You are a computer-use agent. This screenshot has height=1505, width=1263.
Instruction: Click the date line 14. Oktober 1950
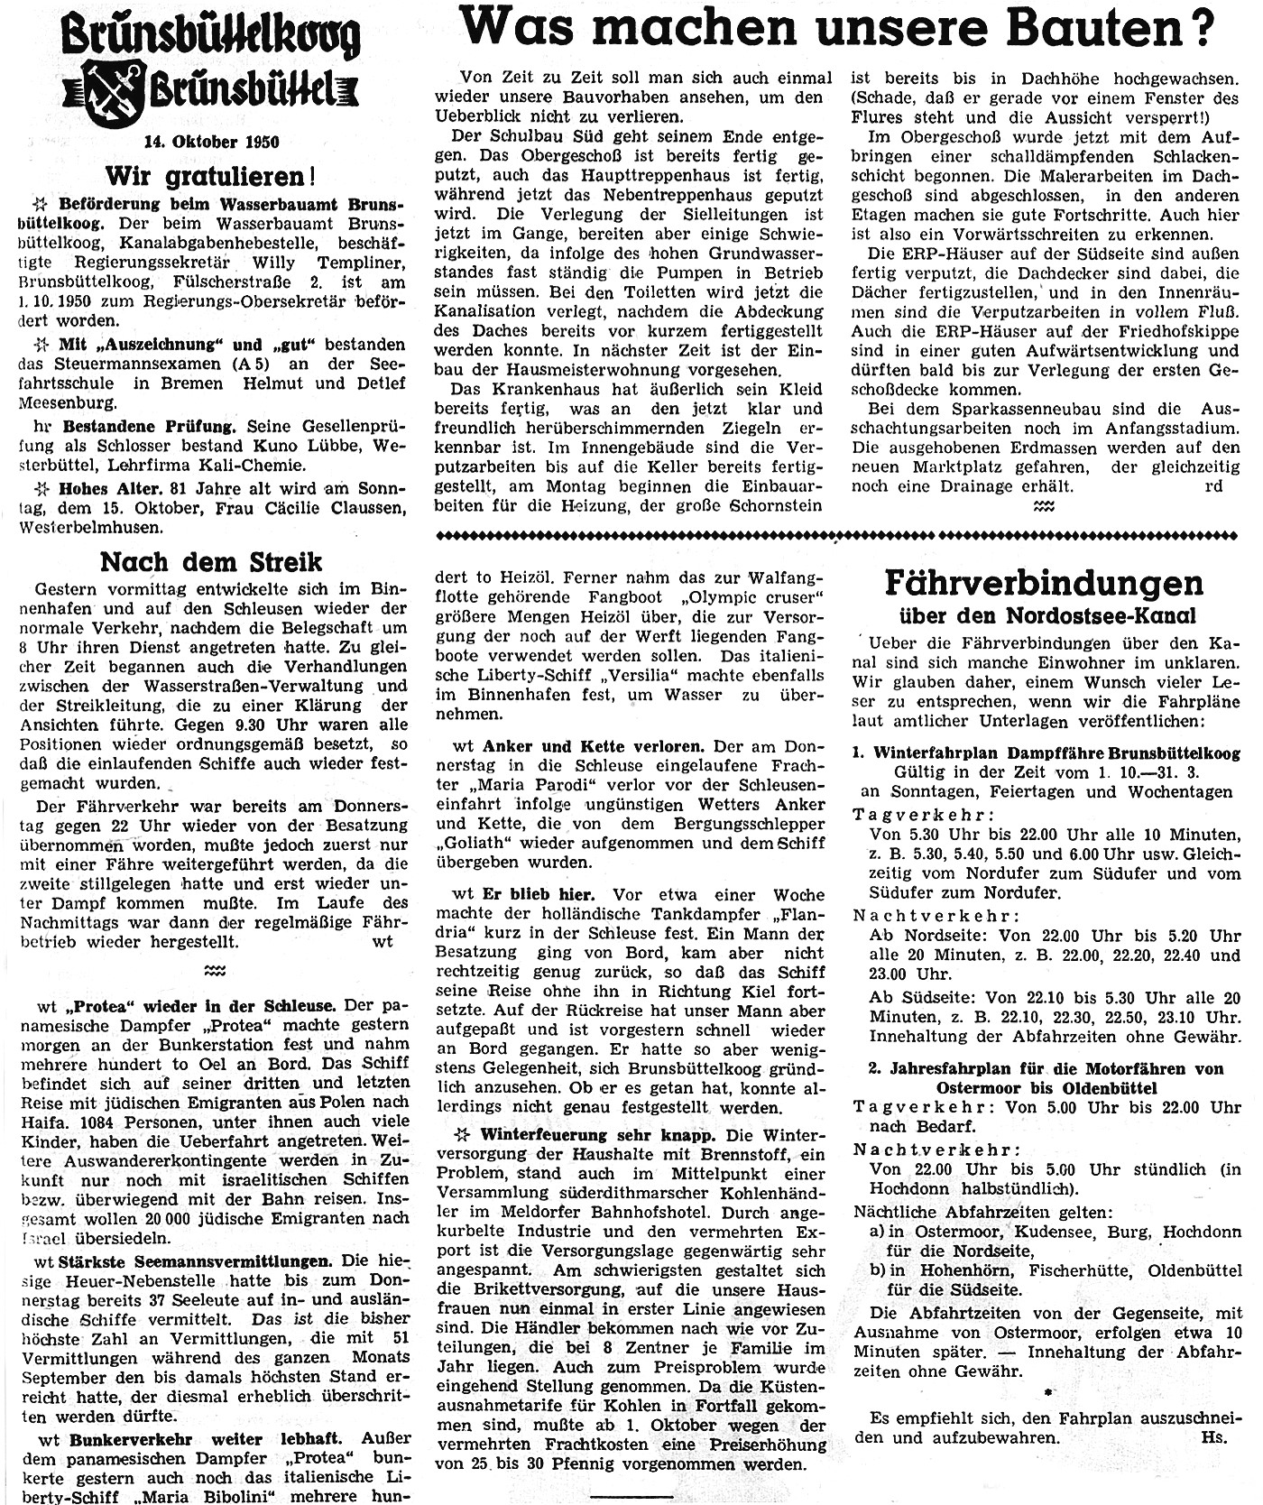coord(212,141)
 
